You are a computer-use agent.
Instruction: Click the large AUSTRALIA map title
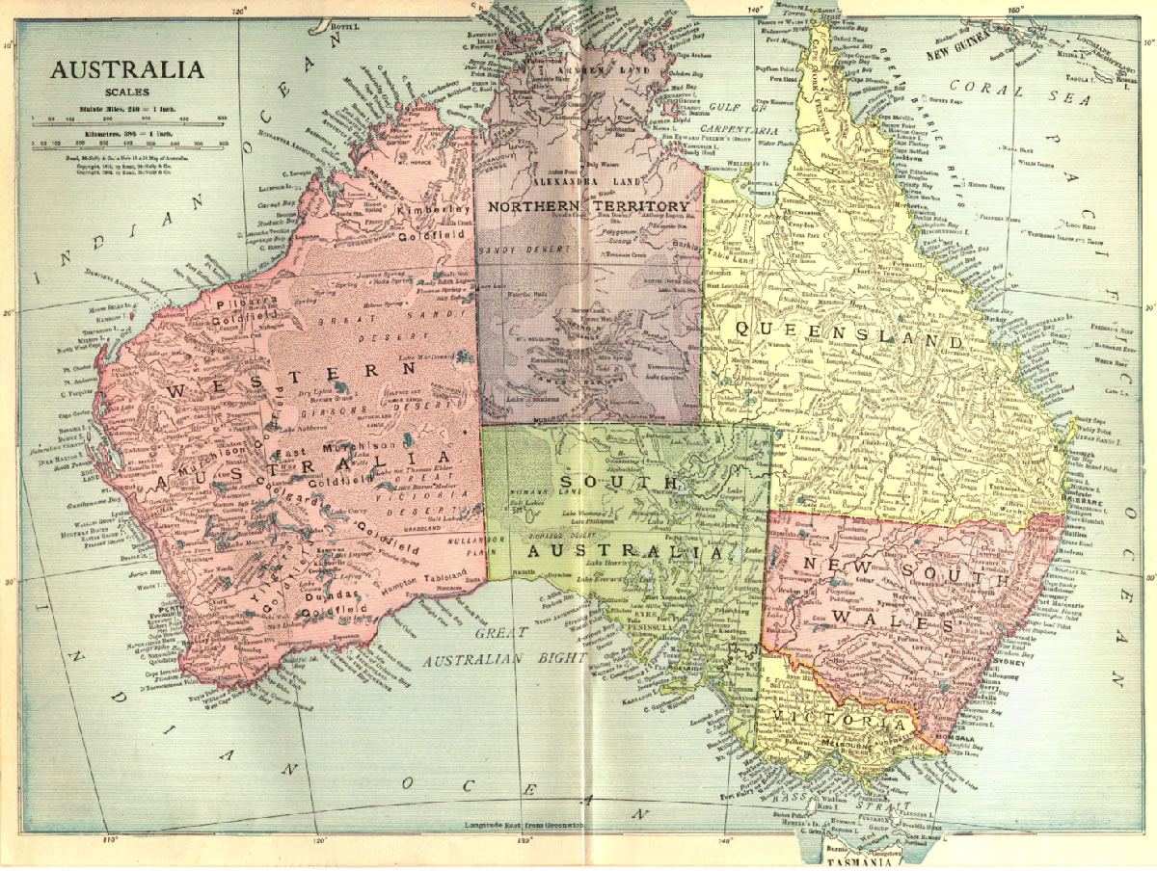(x=127, y=70)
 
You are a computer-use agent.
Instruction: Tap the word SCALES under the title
(x=127, y=92)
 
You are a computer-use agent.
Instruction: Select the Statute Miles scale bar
(x=127, y=119)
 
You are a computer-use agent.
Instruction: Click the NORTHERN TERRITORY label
(x=588, y=206)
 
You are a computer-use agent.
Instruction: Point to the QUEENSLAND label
(x=848, y=334)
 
